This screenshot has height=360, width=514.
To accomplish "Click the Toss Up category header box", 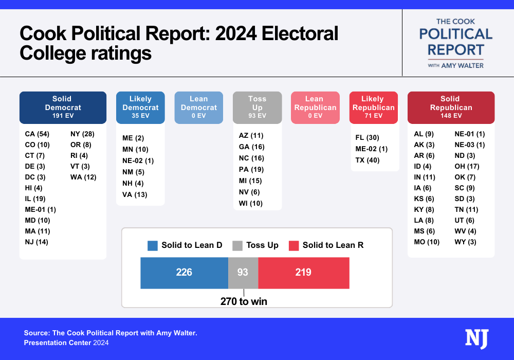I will point(257,107).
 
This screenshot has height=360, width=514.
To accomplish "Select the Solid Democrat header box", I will point(63,107).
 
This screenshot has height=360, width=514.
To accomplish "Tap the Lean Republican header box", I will point(315,107).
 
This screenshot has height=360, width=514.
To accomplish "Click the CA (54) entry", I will point(36,134).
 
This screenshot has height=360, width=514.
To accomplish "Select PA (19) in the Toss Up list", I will point(251,169).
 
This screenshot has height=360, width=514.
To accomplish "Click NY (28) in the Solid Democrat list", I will point(82,134).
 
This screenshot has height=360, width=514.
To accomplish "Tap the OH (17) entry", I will point(466,166).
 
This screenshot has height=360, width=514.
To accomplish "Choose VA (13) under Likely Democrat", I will point(135,194).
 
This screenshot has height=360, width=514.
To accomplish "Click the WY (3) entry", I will point(465,242).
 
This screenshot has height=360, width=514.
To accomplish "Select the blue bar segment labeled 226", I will point(184,273).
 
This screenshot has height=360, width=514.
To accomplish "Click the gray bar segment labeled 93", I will point(243,273).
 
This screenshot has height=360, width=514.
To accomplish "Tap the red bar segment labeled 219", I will point(303,273).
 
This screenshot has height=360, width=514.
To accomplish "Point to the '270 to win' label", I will point(244,301).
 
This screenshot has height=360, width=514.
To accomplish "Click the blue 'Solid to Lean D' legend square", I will point(152,245).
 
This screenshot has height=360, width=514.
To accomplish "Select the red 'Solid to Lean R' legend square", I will point(293,245).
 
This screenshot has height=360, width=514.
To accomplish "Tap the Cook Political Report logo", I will point(456,43).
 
